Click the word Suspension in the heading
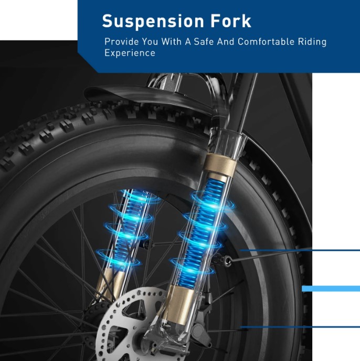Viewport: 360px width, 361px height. [x=153, y=21]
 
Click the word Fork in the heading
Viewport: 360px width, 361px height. [x=230, y=20]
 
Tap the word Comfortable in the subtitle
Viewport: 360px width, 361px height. [x=266, y=41]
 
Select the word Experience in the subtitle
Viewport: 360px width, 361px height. [x=130, y=52]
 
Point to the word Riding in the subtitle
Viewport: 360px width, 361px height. [x=312, y=42]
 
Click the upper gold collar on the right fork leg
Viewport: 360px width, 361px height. [x=220, y=164]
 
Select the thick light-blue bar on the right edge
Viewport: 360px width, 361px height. [x=331, y=289]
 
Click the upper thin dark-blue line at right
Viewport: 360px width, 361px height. [x=300, y=250]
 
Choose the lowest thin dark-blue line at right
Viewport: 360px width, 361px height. [x=300, y=327]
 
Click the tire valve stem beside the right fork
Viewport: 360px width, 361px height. [x=223, y=261]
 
